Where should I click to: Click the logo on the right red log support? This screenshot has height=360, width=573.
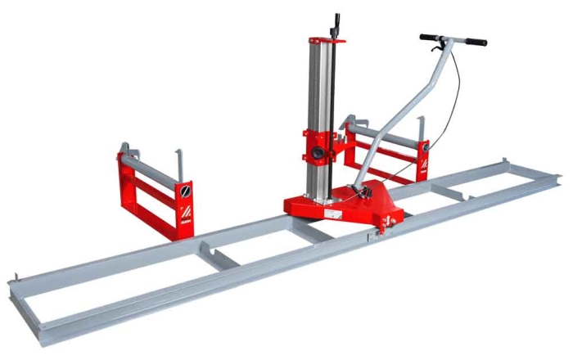point(423,168)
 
